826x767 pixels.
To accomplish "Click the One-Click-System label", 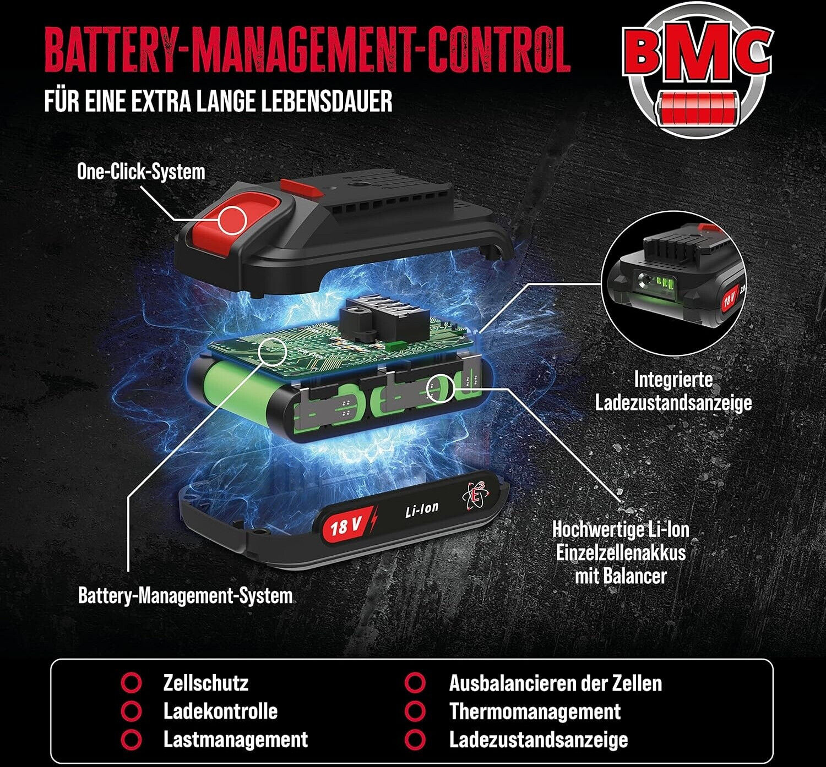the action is [x=141, y=172].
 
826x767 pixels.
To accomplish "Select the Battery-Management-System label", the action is [x=185, y=595].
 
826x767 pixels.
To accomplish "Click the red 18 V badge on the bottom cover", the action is [x=344, y=525].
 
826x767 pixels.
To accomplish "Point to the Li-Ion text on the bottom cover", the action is [x=422, y=509].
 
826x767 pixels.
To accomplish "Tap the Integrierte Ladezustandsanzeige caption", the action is [x=673, y=391].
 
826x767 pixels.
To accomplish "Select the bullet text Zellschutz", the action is [x=205, y=683].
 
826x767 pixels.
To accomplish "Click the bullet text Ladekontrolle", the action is [x=220, y=711].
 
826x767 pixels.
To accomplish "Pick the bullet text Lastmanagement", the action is [x=235, y=739].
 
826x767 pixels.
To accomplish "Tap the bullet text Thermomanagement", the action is [x=535, y=711].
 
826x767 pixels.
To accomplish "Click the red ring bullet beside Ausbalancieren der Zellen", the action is [x=415, y=683].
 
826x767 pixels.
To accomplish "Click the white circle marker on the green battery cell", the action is [x=441, y=387].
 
